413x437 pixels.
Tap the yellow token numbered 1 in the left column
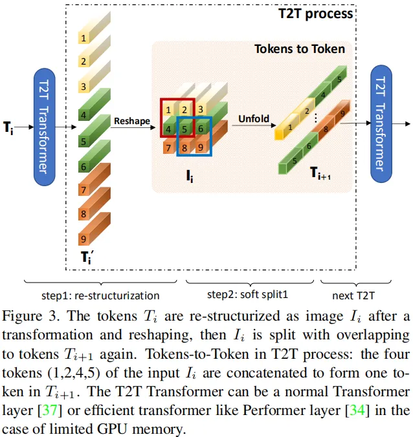[84, 38]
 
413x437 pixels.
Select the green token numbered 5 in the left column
[84, 141]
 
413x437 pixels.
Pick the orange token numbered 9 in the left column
[84, 237]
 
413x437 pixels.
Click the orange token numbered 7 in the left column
[84, 190]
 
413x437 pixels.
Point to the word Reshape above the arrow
[131, 120]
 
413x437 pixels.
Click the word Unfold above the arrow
[254, 119]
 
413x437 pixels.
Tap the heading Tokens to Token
[299, 49]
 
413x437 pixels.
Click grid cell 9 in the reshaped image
[201, 147]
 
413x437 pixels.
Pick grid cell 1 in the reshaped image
[168, 109]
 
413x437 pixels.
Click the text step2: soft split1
[247, 295]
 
